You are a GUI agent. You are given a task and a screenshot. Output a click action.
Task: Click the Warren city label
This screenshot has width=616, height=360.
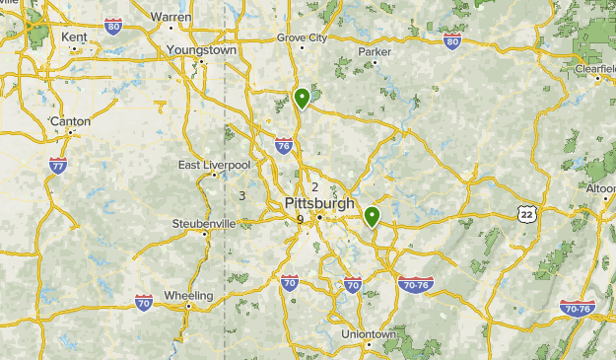(171, 17)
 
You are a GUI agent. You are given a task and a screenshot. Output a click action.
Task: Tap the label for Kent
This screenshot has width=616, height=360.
(74, 36)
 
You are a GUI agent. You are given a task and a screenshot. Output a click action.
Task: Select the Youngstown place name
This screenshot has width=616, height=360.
(201, 49)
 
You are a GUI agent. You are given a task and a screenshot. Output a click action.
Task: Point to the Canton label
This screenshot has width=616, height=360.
(70, 121)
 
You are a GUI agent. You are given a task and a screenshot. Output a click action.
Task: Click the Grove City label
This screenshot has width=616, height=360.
(301, 37)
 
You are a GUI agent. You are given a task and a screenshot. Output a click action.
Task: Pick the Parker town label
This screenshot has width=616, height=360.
(375, 50)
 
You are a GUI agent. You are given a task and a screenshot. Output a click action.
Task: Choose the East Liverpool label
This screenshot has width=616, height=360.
(214, 165)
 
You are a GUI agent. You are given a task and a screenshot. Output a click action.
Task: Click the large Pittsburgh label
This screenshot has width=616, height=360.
(319, 203)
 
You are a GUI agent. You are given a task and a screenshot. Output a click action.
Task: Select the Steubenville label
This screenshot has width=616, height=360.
(204, 224)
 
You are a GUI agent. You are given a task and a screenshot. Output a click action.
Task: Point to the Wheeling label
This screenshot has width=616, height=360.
(188, 295)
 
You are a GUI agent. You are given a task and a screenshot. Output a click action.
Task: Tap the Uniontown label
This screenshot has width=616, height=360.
(368, 334)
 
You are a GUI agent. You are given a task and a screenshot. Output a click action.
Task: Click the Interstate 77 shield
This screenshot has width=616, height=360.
(58, 166)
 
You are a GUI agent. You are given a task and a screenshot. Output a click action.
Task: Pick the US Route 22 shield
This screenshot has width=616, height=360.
(528, 213)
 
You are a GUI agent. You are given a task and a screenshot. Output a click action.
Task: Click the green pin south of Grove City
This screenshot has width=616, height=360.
(302, 98)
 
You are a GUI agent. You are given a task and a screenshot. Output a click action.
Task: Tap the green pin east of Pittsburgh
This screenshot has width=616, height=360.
(373, 216)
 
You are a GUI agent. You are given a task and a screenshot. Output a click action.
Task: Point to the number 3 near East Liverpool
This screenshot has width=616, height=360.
(241, 196)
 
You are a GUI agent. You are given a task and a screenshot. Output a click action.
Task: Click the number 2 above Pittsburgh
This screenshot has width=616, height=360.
(315, 187)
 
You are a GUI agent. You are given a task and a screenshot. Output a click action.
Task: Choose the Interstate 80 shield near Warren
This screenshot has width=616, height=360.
(113, 27)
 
